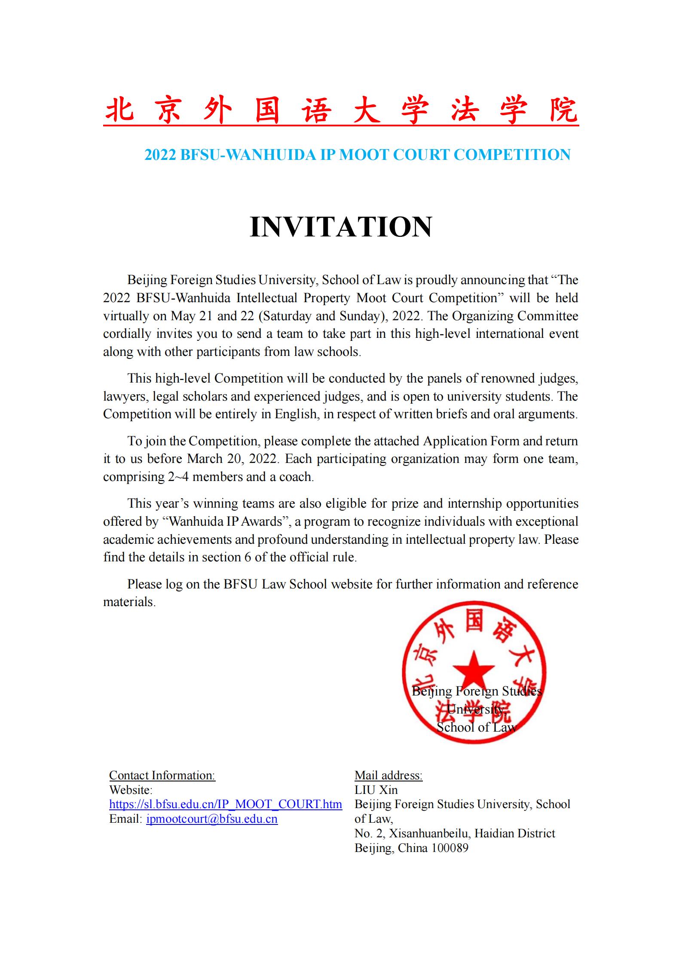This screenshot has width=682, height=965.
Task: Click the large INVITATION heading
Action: [x=341, y=227]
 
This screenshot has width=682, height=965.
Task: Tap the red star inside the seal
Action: [x=474, y=670]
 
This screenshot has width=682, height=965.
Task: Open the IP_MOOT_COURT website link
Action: [x=226, y=804]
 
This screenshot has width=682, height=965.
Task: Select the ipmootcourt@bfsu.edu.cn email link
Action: [x=212, y=819]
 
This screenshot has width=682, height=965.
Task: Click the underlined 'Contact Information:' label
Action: [x=162, y=775]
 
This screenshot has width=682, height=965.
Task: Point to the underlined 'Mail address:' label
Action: [x=388, y=775]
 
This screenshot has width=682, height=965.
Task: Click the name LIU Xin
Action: [x=376, y=790]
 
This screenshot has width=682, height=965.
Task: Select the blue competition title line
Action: [x=357, y=155]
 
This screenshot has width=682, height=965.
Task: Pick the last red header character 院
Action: [x=564, y=111]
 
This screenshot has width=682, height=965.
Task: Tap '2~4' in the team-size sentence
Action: [x=178, y=477]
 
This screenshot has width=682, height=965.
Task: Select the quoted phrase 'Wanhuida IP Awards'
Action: [x=225, y=521]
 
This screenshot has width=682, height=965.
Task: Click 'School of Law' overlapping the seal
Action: [x=476, y=727]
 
